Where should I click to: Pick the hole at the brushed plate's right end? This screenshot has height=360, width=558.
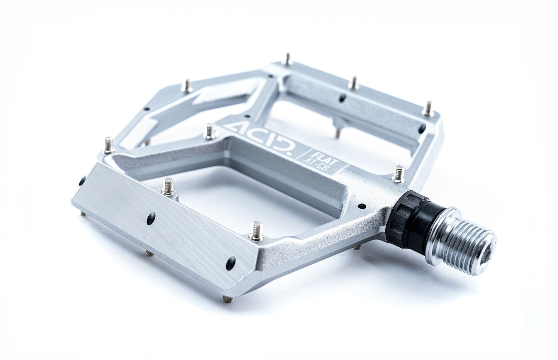231,261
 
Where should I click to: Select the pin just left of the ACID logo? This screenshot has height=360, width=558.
210,130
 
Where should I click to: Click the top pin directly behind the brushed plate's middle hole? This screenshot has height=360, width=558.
168,186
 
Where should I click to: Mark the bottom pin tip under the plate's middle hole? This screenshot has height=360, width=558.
148,253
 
